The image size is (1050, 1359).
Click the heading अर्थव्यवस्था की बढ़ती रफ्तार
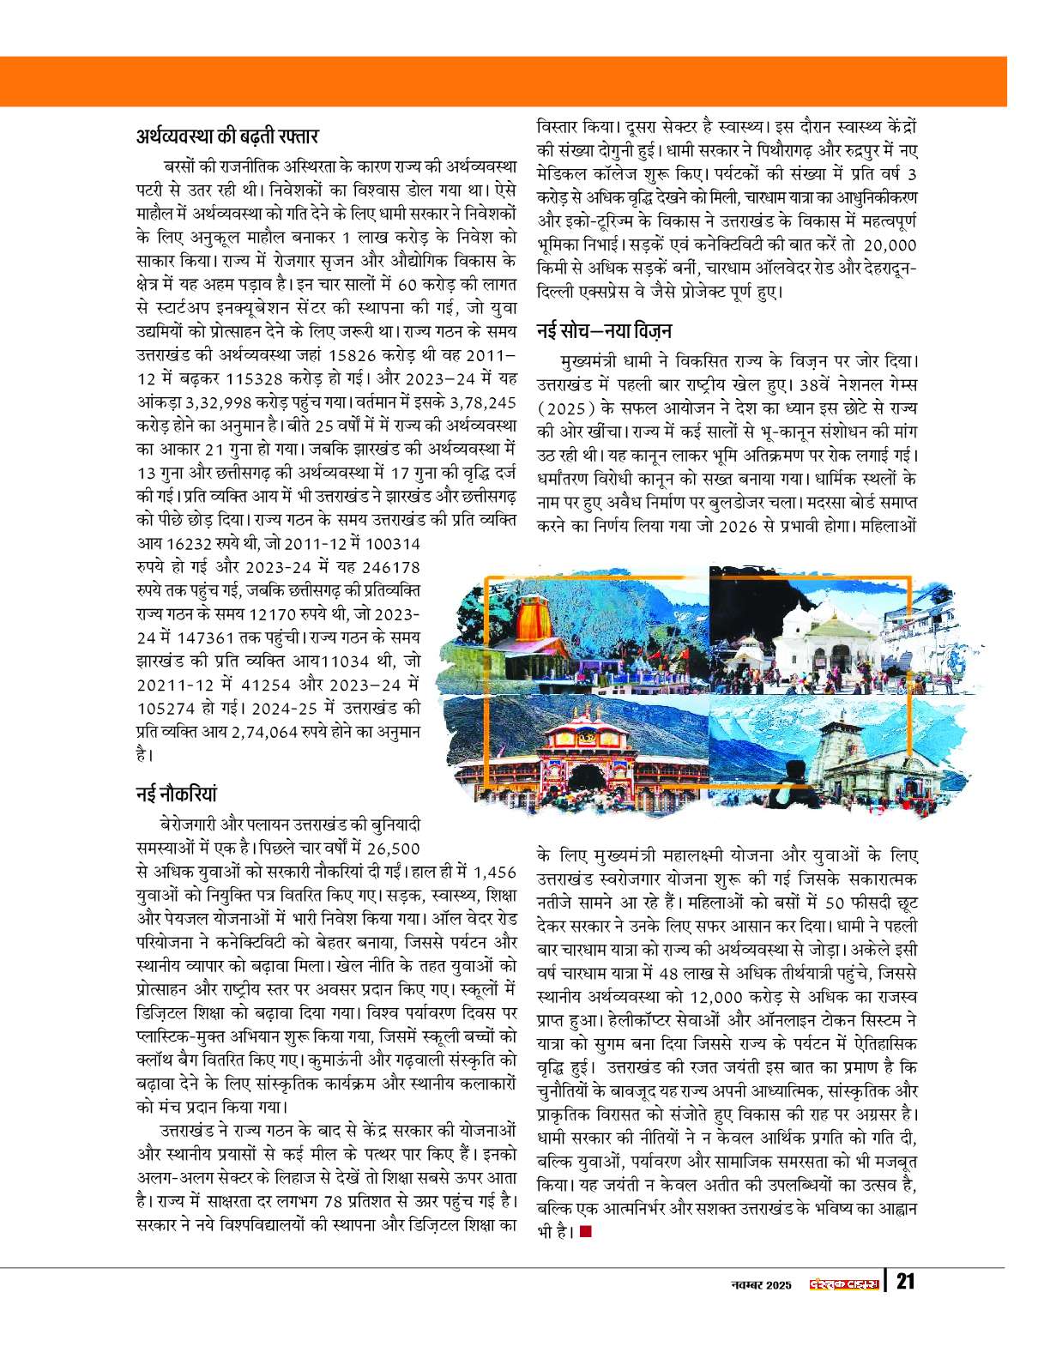[227, 136]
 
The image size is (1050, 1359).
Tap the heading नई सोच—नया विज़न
[604, 329]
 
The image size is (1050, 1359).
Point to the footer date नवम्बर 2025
[754, 1283]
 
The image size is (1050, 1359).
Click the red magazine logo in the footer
[844, 1283]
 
